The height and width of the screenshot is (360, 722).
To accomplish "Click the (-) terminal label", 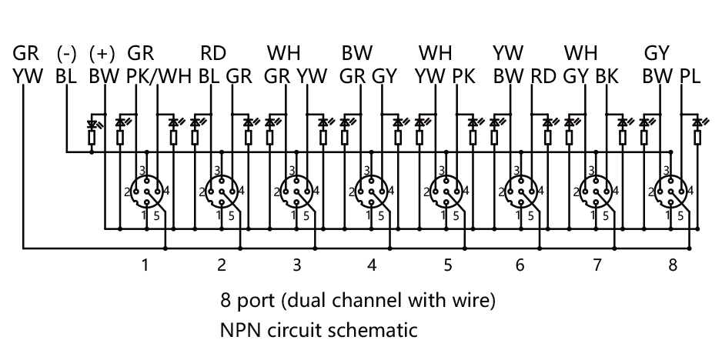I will click(67, 54).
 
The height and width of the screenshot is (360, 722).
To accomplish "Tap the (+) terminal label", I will click(102, 54).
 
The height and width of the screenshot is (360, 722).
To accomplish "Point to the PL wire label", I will click(690, 76).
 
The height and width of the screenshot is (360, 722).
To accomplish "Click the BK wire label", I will click(607, 76).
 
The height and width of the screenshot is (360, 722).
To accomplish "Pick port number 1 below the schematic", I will click(145, 266).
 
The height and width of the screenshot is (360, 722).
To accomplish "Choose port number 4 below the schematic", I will click(372, 266).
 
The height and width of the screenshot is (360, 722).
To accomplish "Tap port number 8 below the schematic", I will click(673, 266).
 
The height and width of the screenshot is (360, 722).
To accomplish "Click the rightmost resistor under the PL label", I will click(697, 138).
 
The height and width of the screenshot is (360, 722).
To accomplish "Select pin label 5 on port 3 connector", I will click(306, 216).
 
